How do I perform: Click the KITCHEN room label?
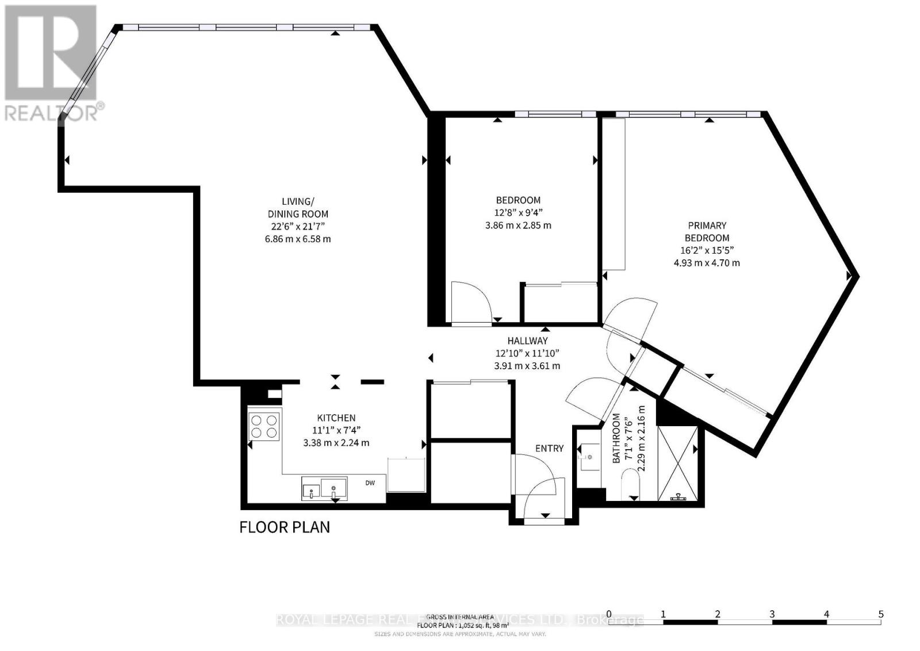(336, 418)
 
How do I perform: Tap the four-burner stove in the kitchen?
(264, 426)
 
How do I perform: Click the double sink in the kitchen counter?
(324, 489)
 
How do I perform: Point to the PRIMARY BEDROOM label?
(707, 232)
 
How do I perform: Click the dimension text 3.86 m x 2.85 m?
(518, 225)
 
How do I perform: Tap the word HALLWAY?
(527, 341)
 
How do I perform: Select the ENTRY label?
(549, 449)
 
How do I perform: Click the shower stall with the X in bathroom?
(678, 463)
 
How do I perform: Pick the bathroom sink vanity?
(589, 457)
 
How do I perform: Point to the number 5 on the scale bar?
(881, 614)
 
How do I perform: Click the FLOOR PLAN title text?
(285, 527)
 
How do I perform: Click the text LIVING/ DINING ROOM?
(298, 208)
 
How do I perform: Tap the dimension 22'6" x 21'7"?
(298, 227)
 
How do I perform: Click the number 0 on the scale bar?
(608, 614)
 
